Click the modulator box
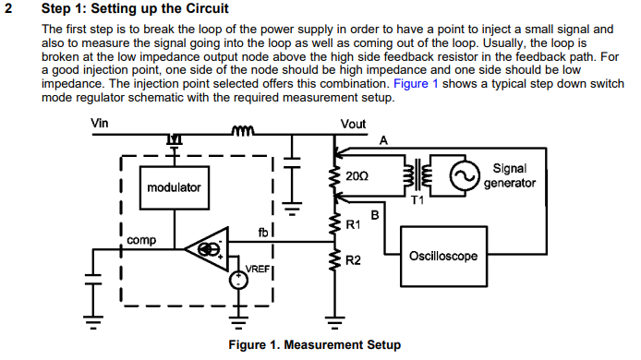click(x=174, y=187)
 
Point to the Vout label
click(x=353, y=123)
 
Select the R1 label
click(x=353, y=224)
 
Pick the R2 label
click(x=353, y=260)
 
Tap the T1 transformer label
click(x=418, y=201)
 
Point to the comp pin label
click(x=141, y=240)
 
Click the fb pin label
click(x=263, y=233)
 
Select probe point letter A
click(x=383, y=139)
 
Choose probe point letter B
click(x=374, y=215)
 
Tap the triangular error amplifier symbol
click(x=208, y=248)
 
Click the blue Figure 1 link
click(x=416, y=83)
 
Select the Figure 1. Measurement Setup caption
click(x=314, y=345)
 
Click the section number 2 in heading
click(x=9, y=9)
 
